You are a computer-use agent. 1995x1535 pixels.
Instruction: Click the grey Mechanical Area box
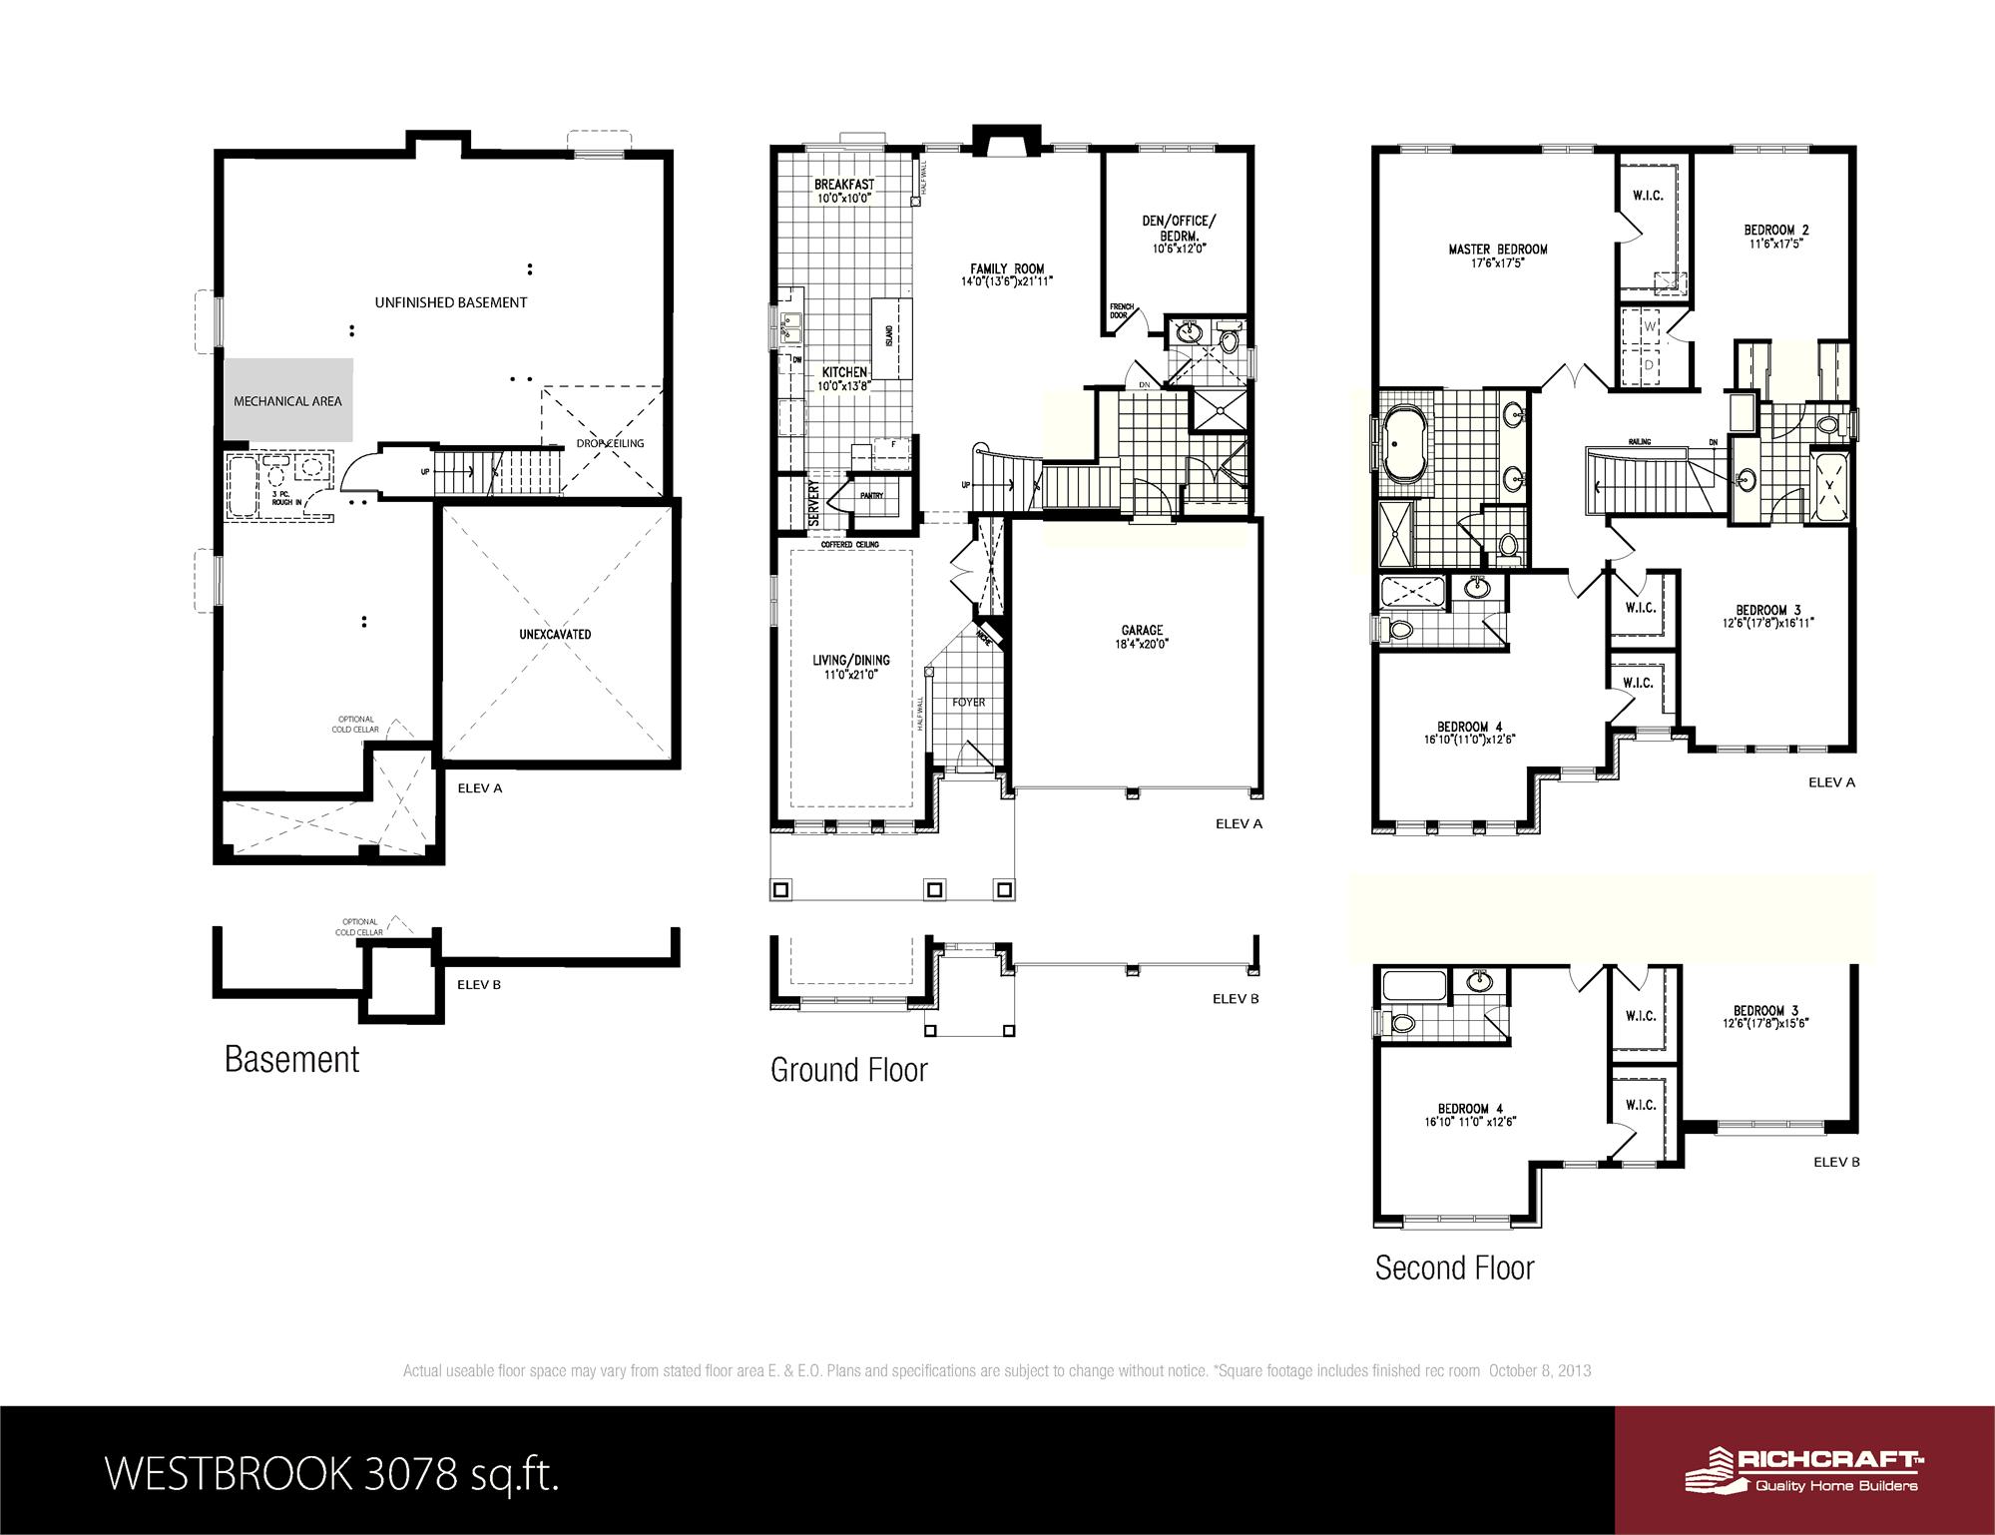(287, 399)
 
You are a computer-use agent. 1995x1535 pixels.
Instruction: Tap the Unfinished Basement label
(451, 302)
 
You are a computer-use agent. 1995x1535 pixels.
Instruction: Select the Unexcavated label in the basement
(555, 634)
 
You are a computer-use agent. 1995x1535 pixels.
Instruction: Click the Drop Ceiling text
(610, 443)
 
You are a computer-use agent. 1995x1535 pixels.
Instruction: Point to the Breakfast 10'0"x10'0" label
(844, 191)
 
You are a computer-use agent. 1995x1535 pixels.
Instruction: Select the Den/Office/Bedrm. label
(1180, 234)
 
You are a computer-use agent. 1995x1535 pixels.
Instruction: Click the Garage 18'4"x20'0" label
(1142, 637)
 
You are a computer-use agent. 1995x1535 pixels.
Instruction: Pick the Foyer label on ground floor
(968, 703)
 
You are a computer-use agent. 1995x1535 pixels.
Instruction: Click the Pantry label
(871, 496)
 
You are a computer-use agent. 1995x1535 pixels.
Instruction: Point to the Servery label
(813, 502)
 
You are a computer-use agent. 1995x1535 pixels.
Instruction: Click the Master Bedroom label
(1498, 256)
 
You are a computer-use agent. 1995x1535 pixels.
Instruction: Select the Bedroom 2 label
(1776, 236)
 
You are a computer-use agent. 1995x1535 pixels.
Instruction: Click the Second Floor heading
(1454, 1268)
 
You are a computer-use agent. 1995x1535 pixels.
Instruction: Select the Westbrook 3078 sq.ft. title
(331, 1472)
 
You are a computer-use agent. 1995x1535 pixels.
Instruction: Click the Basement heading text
(291, 1059)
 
